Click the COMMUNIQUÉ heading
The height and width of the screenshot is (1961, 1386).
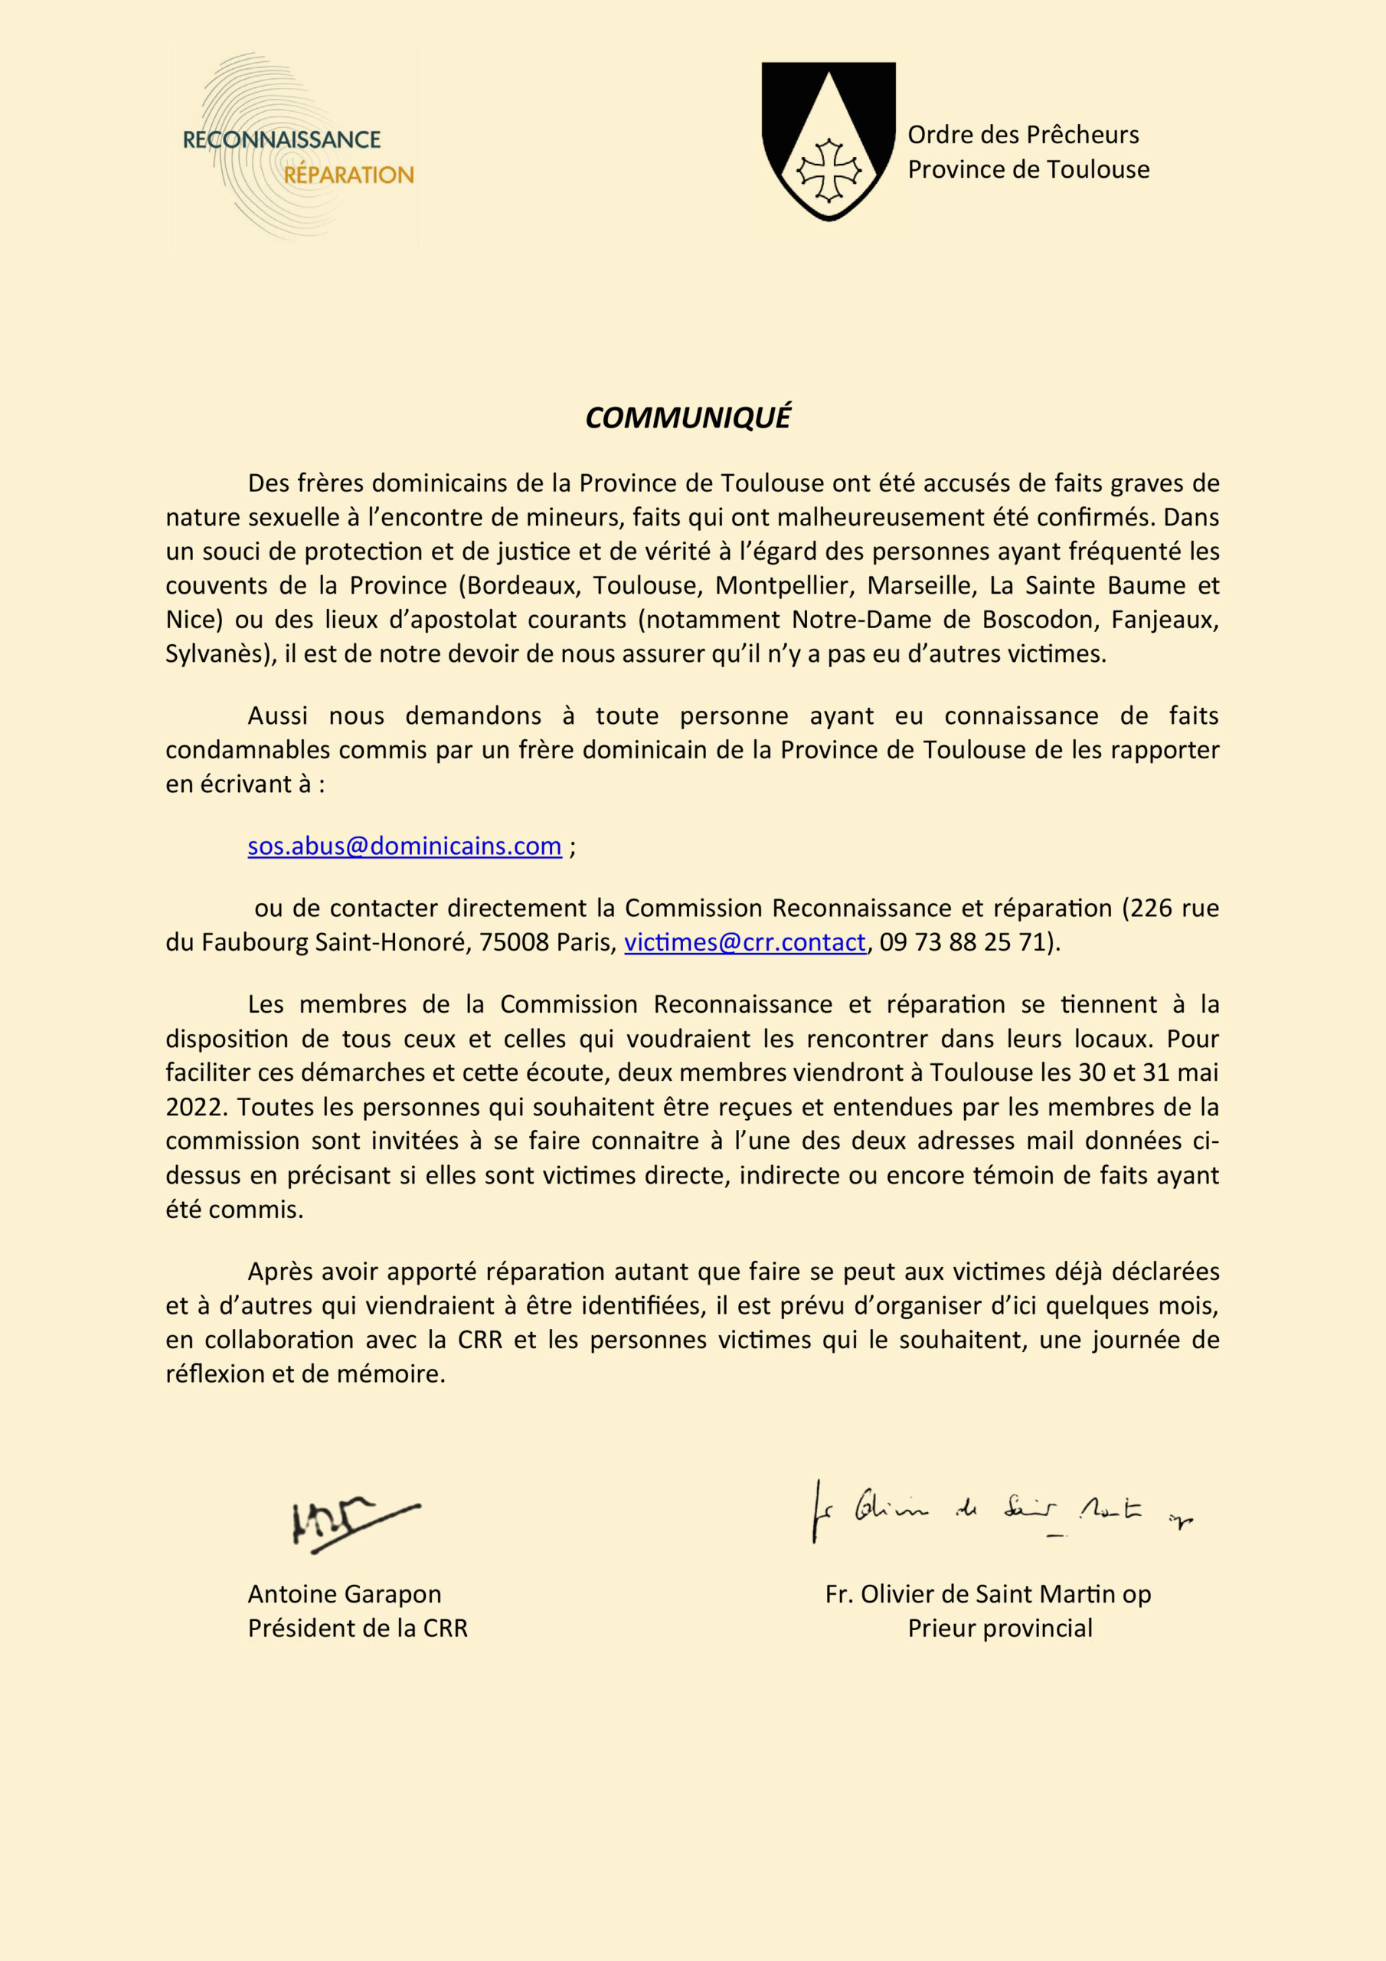pyautogui.click(x=688, y=417)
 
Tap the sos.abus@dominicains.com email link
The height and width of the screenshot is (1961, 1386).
pyautogui.click(x=404, y=846)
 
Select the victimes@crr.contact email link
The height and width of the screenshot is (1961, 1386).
pyautogui.click(x=744, y=942)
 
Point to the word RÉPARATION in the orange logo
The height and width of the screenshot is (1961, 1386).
pyautogui.click(x=348, y=175)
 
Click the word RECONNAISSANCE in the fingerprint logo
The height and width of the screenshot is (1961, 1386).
pyautogui.click(x=282, y=139)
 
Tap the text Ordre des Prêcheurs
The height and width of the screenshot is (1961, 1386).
pyautogui.click(x=1022, y=135)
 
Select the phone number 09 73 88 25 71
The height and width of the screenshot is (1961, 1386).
pyautogui.click(x=963, y=942)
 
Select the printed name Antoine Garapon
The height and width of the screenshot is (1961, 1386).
pyautogui.click(x=344, y=1594)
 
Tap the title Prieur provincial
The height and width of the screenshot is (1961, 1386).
pyautogui.click(x=999, y=1628)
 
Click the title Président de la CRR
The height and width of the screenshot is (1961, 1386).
pyautogui.click(x=357, y=1628)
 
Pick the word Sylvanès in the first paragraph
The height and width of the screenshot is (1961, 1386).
pyautogui.click(x=217, y=653)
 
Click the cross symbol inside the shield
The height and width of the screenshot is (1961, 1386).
pyautogui.click(x=828, y=170)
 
